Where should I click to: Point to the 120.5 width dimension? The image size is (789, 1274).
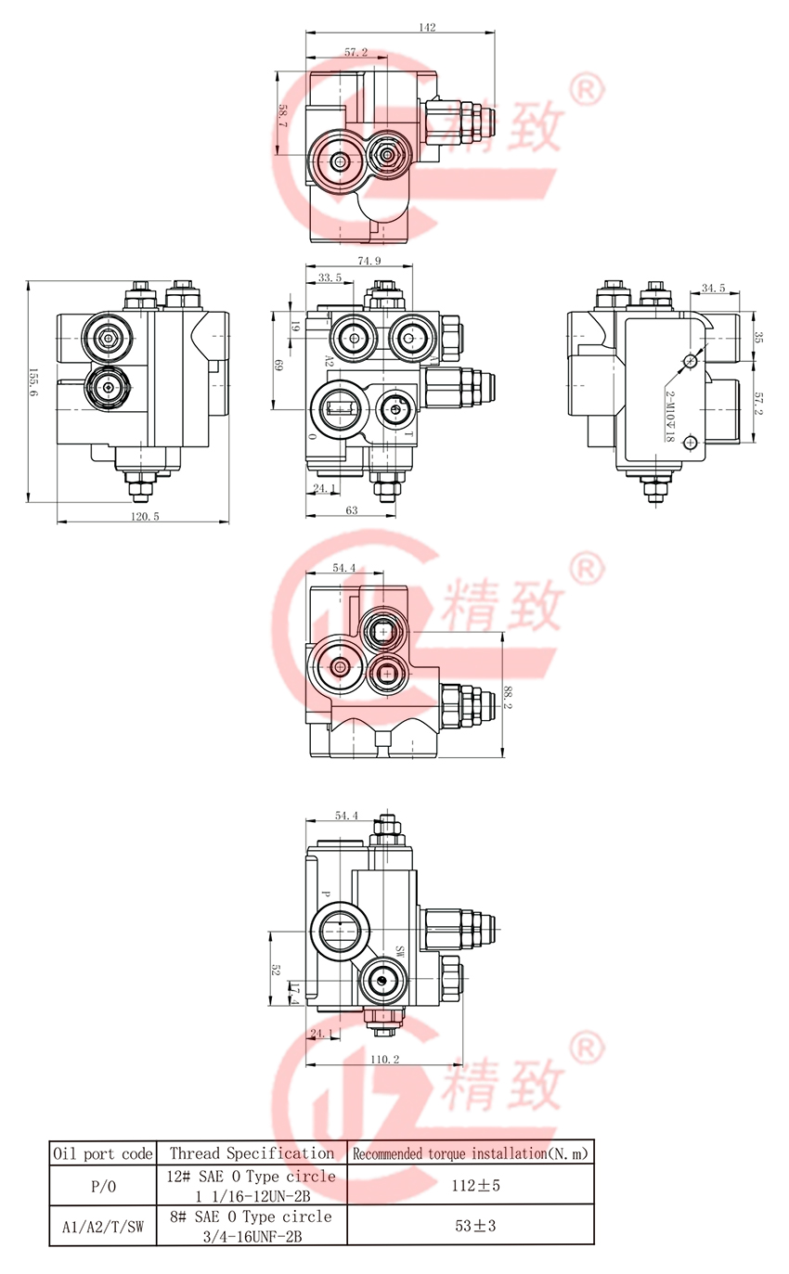click(144, 517)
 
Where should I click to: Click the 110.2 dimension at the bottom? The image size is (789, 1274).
click(384, 1060)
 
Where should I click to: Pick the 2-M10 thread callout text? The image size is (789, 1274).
click(669, 415)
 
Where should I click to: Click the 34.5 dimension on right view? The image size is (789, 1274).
click(714, 289)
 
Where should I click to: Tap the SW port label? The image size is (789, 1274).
click(400, 951)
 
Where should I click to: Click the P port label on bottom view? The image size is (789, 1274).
click(325, 894)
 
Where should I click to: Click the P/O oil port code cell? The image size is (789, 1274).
click(102, 1185)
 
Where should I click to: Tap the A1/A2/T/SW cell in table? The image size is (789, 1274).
click(102, 1226)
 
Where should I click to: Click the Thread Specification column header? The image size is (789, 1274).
click(252, 1153)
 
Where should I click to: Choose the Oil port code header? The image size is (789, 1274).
click(102, 1153)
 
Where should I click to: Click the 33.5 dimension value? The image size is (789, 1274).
click(329, 277)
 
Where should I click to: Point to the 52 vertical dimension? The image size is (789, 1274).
click(277, 969)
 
